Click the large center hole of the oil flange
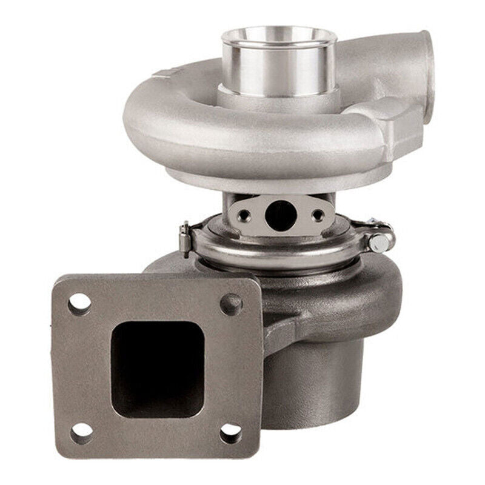pos(280,214)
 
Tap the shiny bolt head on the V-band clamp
pos(380,243)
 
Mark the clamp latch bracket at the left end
pos(186,237)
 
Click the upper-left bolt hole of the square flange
pos(79,304)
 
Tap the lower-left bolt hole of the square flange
pos(81,432)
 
